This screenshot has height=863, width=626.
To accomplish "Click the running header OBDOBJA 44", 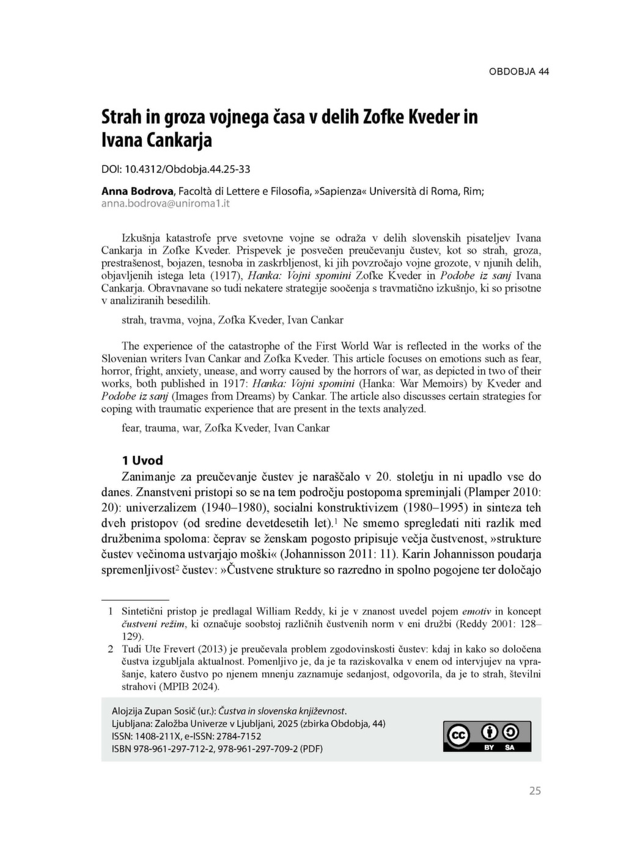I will pos(518,72).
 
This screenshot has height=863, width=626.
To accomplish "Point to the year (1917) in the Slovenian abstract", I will pos(227,275).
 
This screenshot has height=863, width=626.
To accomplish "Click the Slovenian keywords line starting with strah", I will pos(232,320).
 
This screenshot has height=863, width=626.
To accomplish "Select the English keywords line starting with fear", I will pos(226,428).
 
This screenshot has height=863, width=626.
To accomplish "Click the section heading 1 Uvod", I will pos(142,460).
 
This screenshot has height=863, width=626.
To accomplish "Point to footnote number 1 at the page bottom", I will pos(111,611).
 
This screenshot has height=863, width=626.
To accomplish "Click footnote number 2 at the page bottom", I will pos(111,649).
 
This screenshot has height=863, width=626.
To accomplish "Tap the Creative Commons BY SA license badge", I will pos(487,736).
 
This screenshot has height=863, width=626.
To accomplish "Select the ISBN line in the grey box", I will pos(217,749).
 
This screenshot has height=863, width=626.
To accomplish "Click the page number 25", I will pos(535,791).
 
